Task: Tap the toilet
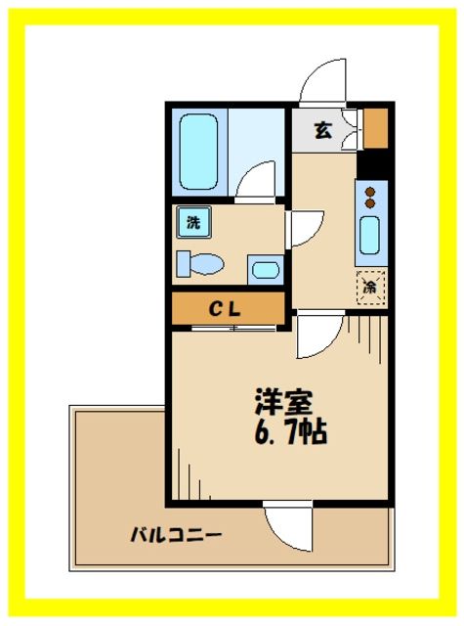point(200,263)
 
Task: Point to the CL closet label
point(229,308)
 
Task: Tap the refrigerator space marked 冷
point(370,287)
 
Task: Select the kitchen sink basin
point(370,236)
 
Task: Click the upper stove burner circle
point(370,192)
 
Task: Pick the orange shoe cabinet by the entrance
point(376,124)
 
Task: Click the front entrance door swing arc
point(322,83)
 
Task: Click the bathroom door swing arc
point(256,182)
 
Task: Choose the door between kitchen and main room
point(317,337)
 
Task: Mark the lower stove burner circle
point(370,203)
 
